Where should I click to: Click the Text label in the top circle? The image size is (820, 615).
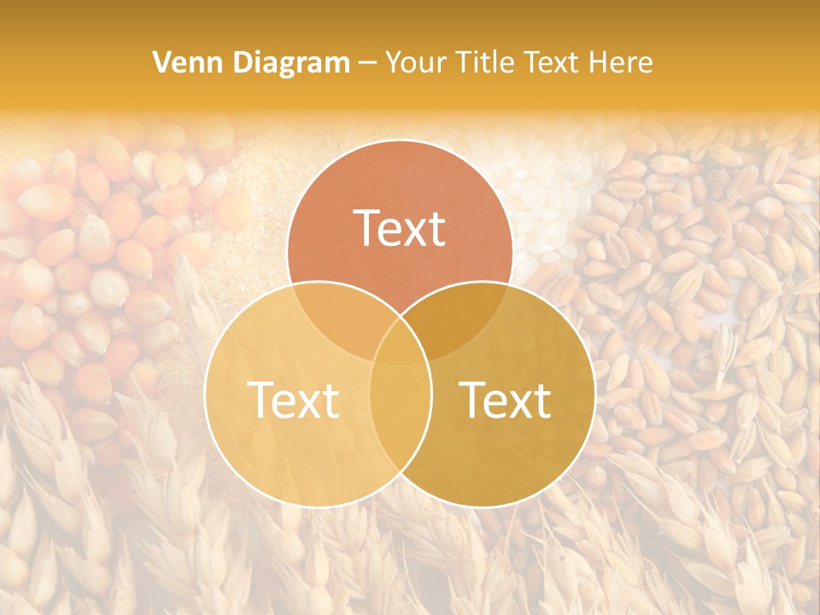(400, 229)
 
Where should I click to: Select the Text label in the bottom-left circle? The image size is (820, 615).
(293, 400)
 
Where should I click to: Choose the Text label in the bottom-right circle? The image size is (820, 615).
(506, 400)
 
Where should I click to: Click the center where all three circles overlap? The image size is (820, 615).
(400, 337)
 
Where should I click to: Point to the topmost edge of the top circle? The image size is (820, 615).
(400, 140)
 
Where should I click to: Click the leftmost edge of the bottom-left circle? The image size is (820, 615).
(205, 393)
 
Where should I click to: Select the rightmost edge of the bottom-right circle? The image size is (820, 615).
(594, 393)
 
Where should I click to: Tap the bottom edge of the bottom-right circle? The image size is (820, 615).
(482, 506)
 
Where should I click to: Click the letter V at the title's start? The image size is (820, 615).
(161, 62)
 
